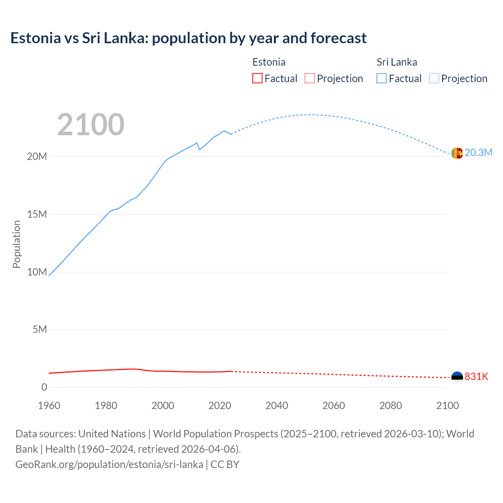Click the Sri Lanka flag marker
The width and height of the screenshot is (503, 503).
[457, 153]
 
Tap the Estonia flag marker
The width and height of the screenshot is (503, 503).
[457, 377]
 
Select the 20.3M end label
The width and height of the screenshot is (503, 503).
[478, 153]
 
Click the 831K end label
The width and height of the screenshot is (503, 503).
[476, 377]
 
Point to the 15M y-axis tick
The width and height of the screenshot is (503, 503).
[37, 214]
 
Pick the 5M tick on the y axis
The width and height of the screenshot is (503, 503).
[40, 329]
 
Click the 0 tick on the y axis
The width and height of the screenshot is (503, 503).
[44, 387]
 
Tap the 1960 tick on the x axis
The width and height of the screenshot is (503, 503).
[49, 406]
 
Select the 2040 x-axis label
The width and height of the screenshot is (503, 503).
[277, 406]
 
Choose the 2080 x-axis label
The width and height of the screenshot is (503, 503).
[391, 406]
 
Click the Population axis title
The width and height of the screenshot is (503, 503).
[17, 244]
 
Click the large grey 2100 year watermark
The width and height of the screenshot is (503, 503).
[91, 125]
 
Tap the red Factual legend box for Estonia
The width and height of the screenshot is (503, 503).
[257, 78]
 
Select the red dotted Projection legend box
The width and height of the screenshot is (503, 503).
[310, 78]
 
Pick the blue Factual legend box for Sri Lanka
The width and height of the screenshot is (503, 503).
[381, 78]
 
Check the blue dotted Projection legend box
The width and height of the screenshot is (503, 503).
[434, 78]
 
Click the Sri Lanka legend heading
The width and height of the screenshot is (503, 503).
[397, 62]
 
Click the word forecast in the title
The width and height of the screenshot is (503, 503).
[338, 38]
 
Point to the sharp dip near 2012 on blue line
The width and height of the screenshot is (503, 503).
[200, 149]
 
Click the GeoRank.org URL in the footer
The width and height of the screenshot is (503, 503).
[109, 464]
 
